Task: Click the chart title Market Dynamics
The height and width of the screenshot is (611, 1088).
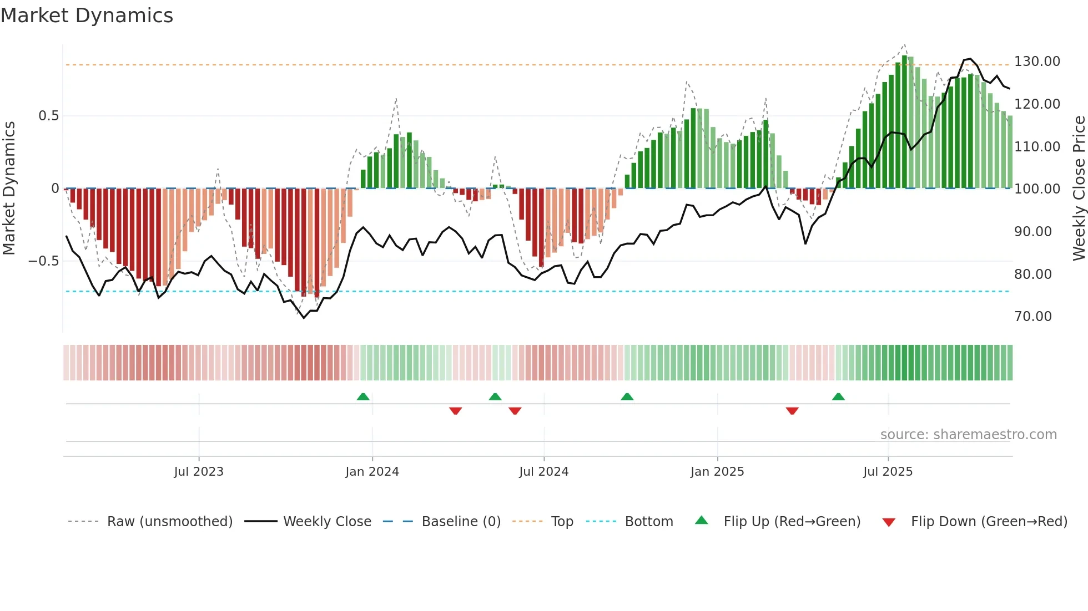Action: coord(87,16)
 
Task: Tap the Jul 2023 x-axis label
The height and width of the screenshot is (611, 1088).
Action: coord(198,472)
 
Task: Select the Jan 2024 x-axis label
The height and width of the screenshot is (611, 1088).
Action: coord(372,472)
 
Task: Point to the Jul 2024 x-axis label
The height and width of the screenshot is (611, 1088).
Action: coord(543,472)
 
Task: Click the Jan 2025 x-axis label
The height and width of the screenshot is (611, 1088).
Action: coord(717,472)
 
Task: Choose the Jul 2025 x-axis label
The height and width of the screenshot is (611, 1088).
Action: coord(888,472)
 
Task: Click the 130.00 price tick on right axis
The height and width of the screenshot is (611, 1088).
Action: coord(1037,62)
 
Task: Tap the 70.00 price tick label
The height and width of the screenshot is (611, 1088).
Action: coord(1032,317)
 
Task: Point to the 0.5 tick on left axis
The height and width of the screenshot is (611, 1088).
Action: coord(48,116)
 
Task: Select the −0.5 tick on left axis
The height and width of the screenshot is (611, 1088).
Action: coord(44,261)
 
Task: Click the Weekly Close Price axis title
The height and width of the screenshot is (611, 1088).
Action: coord(1079,188)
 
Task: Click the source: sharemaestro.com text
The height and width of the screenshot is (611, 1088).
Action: coord(968,435)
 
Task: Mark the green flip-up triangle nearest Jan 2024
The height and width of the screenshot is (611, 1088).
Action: coord(363,396)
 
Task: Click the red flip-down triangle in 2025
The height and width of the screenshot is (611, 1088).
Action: coord(792,411)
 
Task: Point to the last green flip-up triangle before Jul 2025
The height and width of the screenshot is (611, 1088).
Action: coord(838,396)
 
